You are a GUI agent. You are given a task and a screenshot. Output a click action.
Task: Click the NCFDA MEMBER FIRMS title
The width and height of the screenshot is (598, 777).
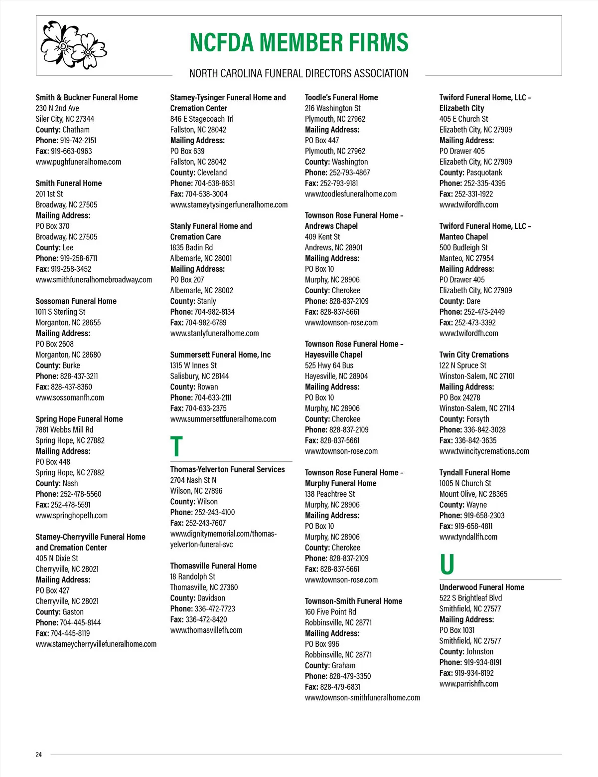pyautogui.click(x=299, y=43)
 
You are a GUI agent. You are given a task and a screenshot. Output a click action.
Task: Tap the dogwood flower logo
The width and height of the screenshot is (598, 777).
pyautogui.click(x=74, y=45)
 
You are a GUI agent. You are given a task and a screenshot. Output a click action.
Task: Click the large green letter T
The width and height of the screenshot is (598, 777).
pyautogui.click(x=176, y=446)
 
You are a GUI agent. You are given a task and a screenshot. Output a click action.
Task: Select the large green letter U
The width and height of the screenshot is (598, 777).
pyautogui.click(x=447, y=565)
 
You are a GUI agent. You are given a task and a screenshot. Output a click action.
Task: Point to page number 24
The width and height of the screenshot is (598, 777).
pyautogui.click(x=38, y=755)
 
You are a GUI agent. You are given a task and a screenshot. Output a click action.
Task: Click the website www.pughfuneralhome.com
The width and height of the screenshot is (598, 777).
pyautogui.click(x=78, y=162)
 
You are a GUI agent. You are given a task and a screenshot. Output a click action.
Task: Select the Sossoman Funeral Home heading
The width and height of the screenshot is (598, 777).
pyautogui.click(x=76, y=301)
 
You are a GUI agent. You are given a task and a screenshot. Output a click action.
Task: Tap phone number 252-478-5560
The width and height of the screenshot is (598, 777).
pyautogui.click(x=80, y=494)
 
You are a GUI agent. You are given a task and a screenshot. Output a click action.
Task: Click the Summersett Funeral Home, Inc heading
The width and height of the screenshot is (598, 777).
pyautogui.click(x=220, y=355)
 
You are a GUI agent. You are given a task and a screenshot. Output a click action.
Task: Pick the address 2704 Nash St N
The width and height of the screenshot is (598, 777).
pyautogui.click(x=193, y=480)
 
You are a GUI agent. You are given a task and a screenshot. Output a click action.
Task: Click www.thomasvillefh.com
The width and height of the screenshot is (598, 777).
pyautogui.click(x=206, y=630)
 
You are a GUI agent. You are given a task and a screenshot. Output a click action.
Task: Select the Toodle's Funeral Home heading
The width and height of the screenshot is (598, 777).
pyautogui.click(x=341, y=97)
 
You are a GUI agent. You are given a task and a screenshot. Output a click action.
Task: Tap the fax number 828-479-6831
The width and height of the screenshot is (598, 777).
pyautogui.click(x=340, y=687)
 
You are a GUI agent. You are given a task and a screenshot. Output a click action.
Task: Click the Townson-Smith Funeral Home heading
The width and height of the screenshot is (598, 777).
pyautogui.click(x=353, y=601)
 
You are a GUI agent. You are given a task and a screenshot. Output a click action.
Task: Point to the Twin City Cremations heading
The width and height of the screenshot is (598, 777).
pyautogui.click(x=474, y=355)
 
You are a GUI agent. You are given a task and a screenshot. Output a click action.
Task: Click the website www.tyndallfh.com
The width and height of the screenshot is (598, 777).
pyautogui.click(x=468, y=537)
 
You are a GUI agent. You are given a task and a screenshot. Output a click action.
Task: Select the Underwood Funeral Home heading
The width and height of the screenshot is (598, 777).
pyautogui.click(x=481, y=587)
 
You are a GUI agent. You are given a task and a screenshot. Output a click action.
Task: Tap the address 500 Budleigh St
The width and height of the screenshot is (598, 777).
pyautogui.click(x=463, y=247)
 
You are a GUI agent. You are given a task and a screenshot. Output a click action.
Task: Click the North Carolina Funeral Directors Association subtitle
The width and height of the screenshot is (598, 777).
pyautogui.click(x=299, y=74)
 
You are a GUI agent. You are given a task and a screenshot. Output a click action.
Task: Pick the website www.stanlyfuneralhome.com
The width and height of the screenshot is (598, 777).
pyautogui.click(x=214, y=333)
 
